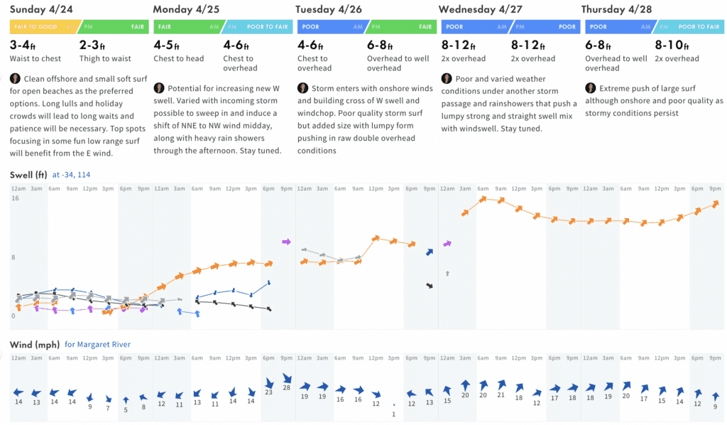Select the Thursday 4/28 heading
click(616, 9)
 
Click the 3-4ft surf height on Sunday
click(25, 45)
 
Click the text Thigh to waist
click(105, 58)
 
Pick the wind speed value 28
click(287, 388)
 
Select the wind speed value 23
click(268, 392)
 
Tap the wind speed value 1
click(393, 414)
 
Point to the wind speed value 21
click(501, 394)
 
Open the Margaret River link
click(97, 345)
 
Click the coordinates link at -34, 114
click(71, 174)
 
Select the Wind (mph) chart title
click(34, 345)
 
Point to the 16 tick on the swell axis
click(15, 198)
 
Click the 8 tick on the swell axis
click(13, 257)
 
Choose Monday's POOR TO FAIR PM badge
click(259, 27)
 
